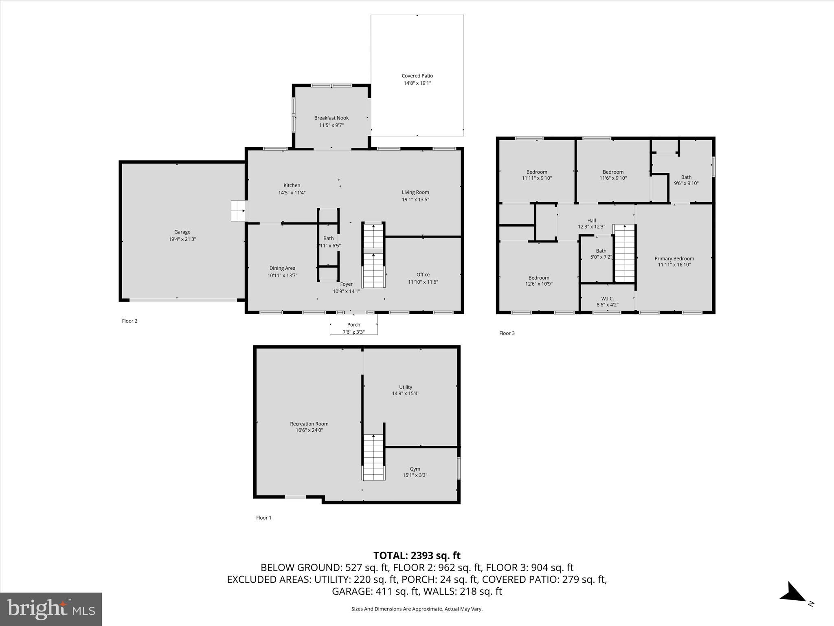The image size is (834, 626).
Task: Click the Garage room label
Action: [x=182, y=232]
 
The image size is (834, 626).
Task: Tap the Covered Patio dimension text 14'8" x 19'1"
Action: [x=417, y=83]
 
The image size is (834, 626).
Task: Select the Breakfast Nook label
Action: [x=331, y=118]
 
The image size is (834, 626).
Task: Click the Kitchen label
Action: [x=292, y=185]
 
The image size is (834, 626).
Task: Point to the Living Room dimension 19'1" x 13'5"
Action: [x=415, y=199]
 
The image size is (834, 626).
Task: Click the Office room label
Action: [x=423, y=275]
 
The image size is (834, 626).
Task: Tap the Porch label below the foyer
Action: [x=353, y=325]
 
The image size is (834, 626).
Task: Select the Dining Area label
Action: [x=282, y=268]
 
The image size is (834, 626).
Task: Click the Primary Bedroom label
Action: [x=674, y=258]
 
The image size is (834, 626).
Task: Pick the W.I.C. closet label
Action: [x=607, y=299]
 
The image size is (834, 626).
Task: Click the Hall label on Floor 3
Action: [x=591, y=220]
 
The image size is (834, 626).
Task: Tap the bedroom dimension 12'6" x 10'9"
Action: [x=538, y=284]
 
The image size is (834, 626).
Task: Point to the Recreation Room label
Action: [x=309, y=424]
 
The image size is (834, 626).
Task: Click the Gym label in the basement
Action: [x=415, y=469]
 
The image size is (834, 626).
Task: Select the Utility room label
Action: [x=405, y=387]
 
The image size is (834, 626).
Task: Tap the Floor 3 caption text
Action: [x=507, y=333]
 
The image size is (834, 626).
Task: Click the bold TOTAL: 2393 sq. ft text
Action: [x=417, y=555]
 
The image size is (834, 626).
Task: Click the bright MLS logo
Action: [x=51, y=609]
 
